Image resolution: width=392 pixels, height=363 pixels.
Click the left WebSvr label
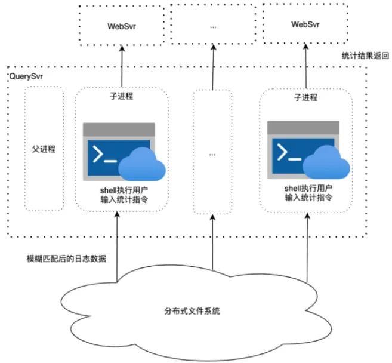[x=121, y=26]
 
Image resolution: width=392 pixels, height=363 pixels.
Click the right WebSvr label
[x=305, y=24]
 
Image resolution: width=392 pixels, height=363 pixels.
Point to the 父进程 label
[x=44, y=149]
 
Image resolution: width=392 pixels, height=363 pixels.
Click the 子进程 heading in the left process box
[x=121, y=96]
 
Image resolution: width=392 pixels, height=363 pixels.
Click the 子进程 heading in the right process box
[x=305, y=96]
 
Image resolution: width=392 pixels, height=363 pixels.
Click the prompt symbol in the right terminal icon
[x=288, y=155]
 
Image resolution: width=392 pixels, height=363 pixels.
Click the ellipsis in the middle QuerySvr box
[x=213, y=153]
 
